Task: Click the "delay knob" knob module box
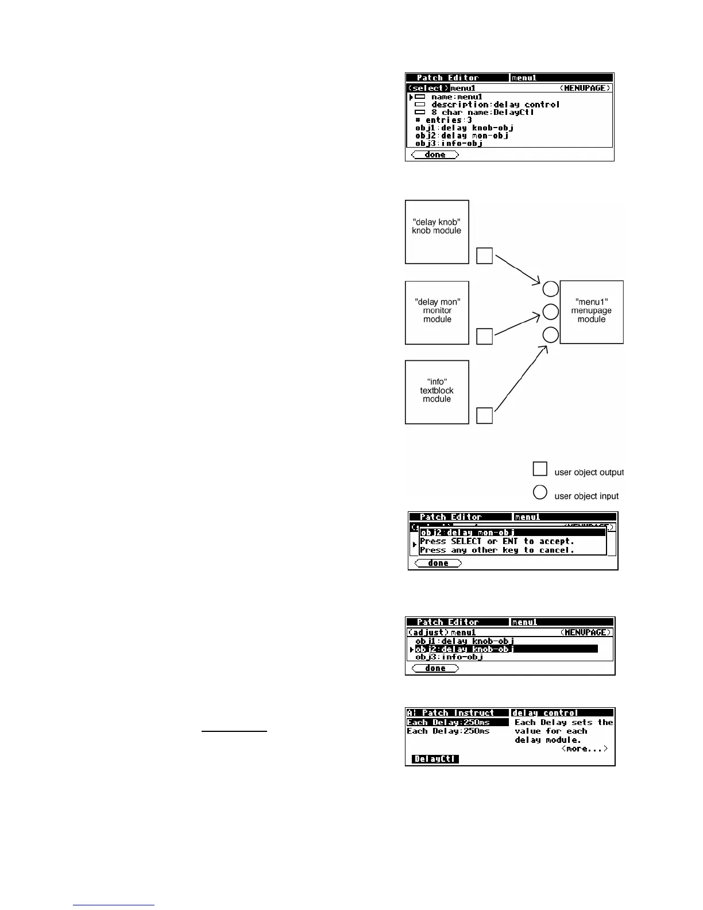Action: (x=437, y=232)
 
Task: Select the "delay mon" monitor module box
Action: (x=437, y=312)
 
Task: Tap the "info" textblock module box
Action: (x=437, y=392)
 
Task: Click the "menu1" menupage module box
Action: (x=592, y=311)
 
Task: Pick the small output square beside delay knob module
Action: (x=485, y=256)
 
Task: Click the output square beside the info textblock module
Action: (x=485, y=415)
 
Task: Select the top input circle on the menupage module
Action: (x=550, y=289)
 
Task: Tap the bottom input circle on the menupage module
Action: (x=550, y=335)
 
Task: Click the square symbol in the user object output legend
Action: (x=540, y=469)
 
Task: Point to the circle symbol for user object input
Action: (x=540, y=492)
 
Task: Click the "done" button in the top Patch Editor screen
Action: (x=435, y=155)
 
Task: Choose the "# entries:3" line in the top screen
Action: (x=443, y=120)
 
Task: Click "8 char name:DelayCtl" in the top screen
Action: (x=482, y=112)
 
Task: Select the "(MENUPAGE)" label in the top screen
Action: (x=585, y=88)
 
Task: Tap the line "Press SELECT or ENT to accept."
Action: (x=497, y=541)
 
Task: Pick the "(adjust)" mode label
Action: (x=428, y=633)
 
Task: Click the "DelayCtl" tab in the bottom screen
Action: (x=435, y=759)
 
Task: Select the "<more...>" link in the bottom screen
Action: (x=584, y=749)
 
